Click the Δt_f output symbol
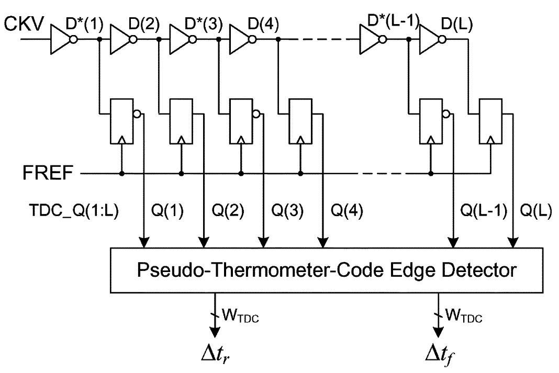pyautogui.click(x=439, y=356)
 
